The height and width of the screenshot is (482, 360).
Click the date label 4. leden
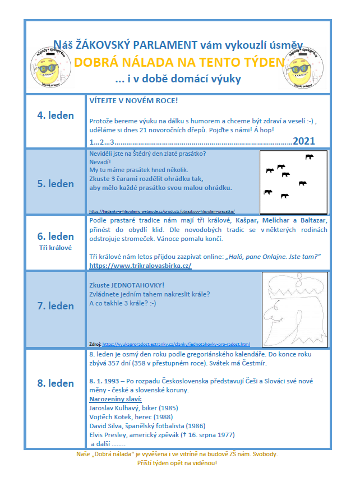coord(56,115)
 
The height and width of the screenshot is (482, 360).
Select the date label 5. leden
coord(56,184)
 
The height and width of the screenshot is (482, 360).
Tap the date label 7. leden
coord(56,306)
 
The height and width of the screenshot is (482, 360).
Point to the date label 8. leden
coord(56,383)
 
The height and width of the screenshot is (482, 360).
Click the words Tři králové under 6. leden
coord(56,247)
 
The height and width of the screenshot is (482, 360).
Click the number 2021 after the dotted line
coord(304,141)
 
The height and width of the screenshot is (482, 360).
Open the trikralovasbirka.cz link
coord(140,265)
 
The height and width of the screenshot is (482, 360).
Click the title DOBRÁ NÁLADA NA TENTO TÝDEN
coord(179,62)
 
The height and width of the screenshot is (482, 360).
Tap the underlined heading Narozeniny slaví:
coord(116,398)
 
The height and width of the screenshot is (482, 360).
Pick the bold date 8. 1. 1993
coord(105,381)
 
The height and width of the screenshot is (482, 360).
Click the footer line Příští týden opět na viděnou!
coord(177,464)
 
